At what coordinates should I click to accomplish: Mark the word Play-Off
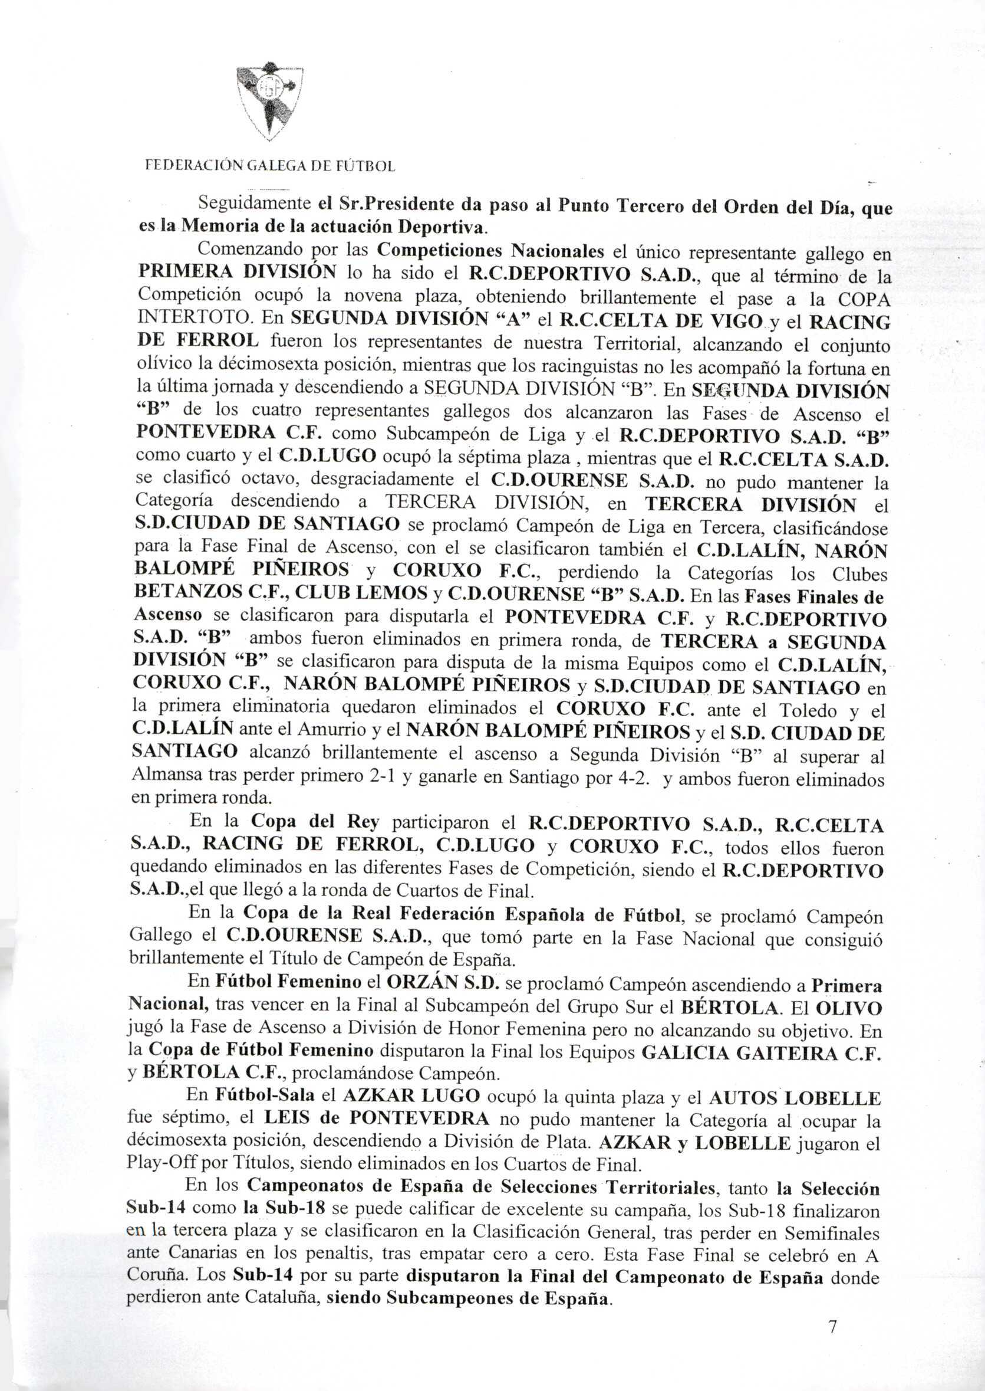point(156,1163)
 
